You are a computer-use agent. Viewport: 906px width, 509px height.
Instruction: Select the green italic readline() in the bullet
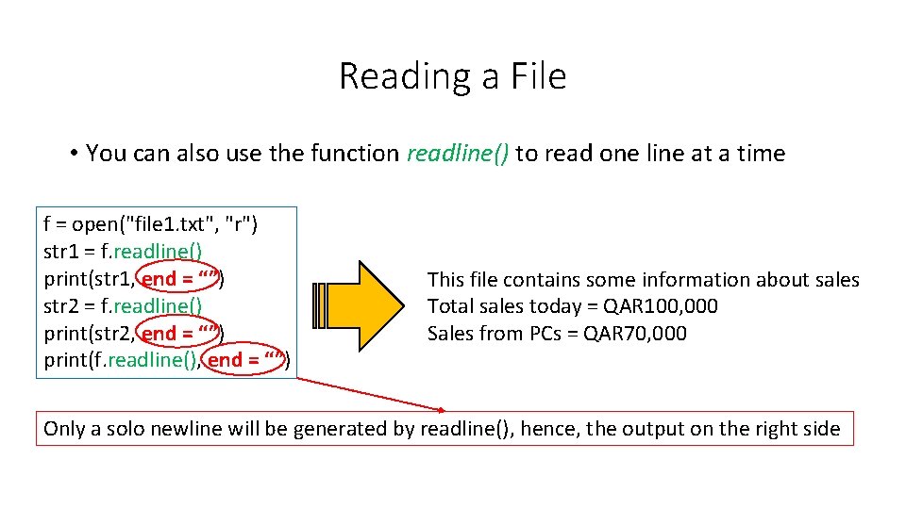click(x=458, y=154)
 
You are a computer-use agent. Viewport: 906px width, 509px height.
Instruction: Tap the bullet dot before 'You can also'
click(x=73, y=153)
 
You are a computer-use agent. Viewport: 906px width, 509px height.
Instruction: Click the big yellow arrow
click(x=363, y=305)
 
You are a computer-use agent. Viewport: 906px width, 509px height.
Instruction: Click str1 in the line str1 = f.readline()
click(x=62, y=252)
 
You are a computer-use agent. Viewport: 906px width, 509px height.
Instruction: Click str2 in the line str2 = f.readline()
click(x=62, y=305)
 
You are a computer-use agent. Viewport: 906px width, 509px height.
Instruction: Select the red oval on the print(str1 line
click(x=180, y=278)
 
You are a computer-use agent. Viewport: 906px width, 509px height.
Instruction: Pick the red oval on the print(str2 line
click(x=180, y=333)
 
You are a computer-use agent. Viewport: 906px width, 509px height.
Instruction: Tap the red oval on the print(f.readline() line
click(x=246, y=359)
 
